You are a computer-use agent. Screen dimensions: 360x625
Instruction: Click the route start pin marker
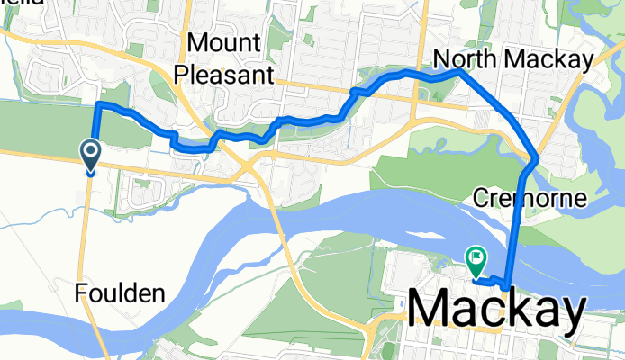91,155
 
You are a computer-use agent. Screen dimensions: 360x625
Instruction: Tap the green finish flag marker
475,259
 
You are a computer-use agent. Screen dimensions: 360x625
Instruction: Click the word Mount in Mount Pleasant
224,44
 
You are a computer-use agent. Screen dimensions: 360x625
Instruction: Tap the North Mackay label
513,59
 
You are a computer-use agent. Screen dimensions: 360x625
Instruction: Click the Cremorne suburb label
530,197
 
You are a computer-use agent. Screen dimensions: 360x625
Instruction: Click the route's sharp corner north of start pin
97,106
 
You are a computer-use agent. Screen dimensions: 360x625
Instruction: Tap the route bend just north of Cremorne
536,159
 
